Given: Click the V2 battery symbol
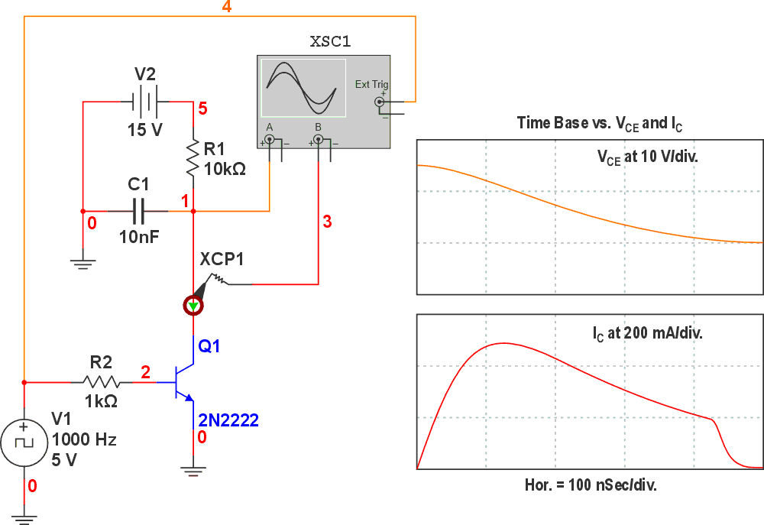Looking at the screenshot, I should point(144,101).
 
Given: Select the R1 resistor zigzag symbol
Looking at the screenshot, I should point(193,159).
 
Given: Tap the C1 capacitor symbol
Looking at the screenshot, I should point(140,211).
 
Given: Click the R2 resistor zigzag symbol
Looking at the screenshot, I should point(102,381).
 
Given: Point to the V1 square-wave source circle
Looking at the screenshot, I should point(24,442).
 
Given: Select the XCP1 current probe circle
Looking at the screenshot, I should point(193,306).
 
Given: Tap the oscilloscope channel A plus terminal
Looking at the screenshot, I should point(270,141).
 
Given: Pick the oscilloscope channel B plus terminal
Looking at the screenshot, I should point(319,141).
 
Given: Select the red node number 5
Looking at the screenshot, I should point(202,109).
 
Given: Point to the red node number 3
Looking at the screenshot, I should point(327,222).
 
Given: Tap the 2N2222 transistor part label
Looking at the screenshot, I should point(228,420).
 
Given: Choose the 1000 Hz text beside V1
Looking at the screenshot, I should point(84,440).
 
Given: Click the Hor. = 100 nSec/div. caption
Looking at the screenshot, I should point(591,484).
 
